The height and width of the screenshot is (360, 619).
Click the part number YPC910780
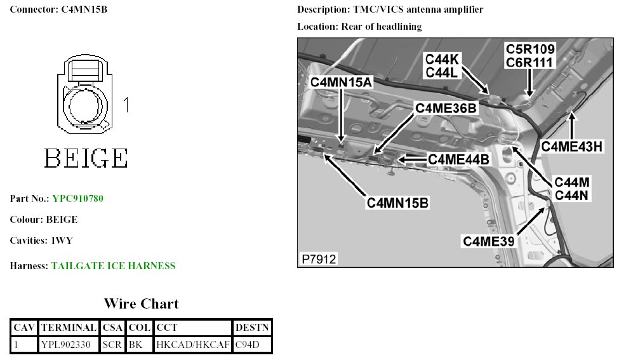point(77,199)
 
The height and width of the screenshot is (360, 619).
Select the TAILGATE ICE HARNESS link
point(113,266)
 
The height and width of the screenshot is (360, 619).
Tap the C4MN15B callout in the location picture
point(397,203)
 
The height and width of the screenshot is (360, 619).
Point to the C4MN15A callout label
point(341,83)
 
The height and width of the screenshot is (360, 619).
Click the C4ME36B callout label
point(446,108)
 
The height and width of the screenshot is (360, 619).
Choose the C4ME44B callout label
point(458,159)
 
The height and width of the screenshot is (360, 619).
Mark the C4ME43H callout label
point(572,147)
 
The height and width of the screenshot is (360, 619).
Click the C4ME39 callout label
point(488,241)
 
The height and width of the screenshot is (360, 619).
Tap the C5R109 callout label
point(530,49)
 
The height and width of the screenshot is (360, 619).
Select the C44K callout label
point(441,59)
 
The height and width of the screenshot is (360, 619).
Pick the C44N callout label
point(573,195)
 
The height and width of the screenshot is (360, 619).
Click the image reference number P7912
point(319,259)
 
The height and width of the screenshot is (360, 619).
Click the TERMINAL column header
point(68,328)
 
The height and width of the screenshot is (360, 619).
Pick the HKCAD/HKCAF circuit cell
point(192,345)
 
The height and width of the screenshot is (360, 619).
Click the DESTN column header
point(252,328)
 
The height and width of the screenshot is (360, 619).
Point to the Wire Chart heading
point(141,303)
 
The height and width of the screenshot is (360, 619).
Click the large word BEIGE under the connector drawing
point(86,158)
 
